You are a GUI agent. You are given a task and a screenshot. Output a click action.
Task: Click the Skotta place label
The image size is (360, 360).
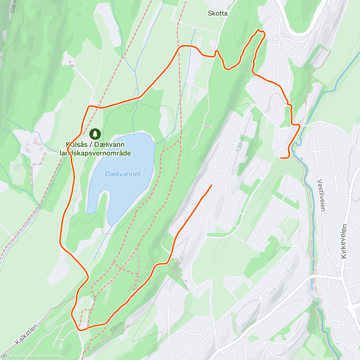pyautogui.click(x=218, y=13)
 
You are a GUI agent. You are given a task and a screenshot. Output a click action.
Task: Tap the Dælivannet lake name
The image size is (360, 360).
pyautogui.click(x=123, y=174)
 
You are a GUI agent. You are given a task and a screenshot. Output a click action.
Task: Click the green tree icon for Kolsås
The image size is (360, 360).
pyautogui.click(x=95, y=134)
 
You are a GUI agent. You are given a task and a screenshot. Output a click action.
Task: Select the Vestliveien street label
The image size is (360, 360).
pyautogui.click(x=321, y=195)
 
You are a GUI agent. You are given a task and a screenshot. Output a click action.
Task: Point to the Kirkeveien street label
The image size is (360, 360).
pyautogui.click(x=344, y=241)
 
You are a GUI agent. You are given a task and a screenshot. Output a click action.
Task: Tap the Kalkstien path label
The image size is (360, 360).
pyautogui.click(x=26, y=334)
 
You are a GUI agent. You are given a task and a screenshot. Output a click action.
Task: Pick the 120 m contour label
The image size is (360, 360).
pyautogui.click(x=116, y=328)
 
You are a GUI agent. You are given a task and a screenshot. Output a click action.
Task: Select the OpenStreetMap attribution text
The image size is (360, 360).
pyautogui.click(x=48, y=356)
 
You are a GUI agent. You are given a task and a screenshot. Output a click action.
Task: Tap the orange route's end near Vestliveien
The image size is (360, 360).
pyautogui.click(x=281, y=157)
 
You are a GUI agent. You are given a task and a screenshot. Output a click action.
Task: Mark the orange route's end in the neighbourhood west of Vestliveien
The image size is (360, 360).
pyautogui.click(x=211, y=185)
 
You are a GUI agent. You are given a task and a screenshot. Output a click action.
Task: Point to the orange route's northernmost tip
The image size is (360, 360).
pyautogui.click(x=259, y=30)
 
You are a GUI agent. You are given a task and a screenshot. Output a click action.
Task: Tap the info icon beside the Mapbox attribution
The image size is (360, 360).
pyautogui.click(x=4, y=356)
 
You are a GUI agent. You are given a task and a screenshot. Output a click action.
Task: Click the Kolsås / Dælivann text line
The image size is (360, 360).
pyautogui.click(x=95, y=145)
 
